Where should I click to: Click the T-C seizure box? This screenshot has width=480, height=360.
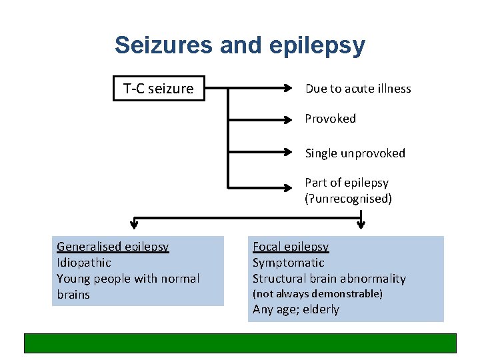click(x=159, y=89)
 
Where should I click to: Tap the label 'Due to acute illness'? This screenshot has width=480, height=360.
click(x=358, y=89)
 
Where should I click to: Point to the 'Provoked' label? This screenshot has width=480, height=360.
click(x=330, y=119)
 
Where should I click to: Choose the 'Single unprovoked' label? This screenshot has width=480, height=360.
click(x=355, y=153)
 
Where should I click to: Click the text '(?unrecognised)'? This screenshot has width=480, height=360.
click(x=348, y=199)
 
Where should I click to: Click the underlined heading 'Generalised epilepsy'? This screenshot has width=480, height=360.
click(x=113, y=247)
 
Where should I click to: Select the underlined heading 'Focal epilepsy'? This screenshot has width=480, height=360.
click(x=290, y=247)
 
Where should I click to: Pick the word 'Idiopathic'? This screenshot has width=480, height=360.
click(x=84, y=263)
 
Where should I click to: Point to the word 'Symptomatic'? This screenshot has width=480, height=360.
click(x=288, y=263)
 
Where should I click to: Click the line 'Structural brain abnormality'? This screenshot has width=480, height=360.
click(x=329, y=279)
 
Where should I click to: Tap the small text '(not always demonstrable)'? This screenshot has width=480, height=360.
click(x=317, y=294)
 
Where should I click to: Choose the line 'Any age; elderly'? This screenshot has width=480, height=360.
click(x=295, y=309)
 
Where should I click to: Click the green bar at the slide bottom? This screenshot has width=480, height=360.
click(x=240, y=343)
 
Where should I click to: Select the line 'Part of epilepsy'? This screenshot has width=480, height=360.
click(x=347, y=183)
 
